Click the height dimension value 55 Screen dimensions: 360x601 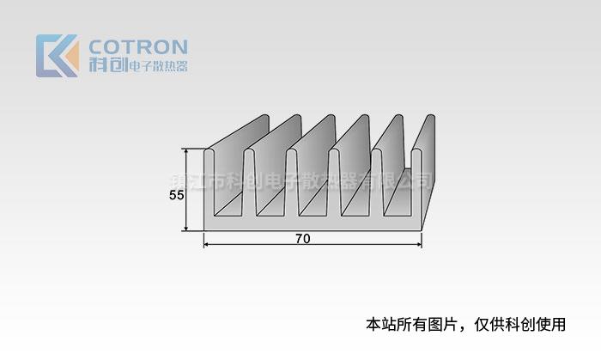[x=175, y=195]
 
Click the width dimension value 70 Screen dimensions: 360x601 [x=302, y=239]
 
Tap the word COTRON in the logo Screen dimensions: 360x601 [x=138, y=46]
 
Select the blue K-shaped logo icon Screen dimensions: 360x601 [x=57, y=55]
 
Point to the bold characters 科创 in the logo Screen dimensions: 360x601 [x=107, y=65]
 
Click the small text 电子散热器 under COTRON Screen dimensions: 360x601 [x=157, y=66]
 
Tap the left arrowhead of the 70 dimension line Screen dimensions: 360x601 [x=207, y=245]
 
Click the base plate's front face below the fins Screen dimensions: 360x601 [x=313, y=223]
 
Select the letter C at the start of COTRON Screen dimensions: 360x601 [x=97, y=46]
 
